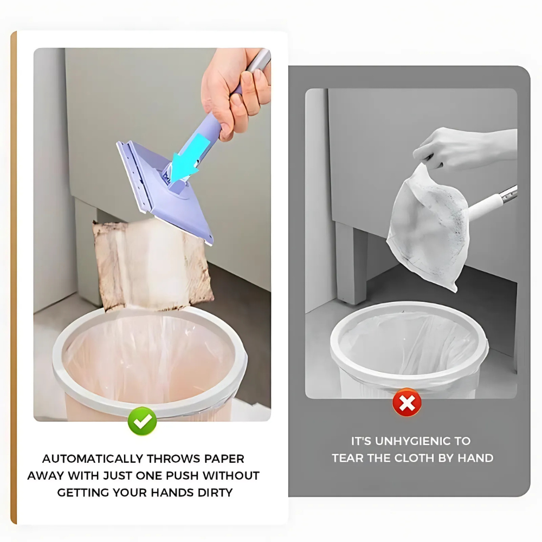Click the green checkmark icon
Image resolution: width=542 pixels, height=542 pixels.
coord(142,421)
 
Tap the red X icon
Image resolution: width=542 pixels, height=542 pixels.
coord(407,402)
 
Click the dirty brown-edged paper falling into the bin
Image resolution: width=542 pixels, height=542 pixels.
coord(152,266)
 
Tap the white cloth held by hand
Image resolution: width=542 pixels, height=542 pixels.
coord(428,228)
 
